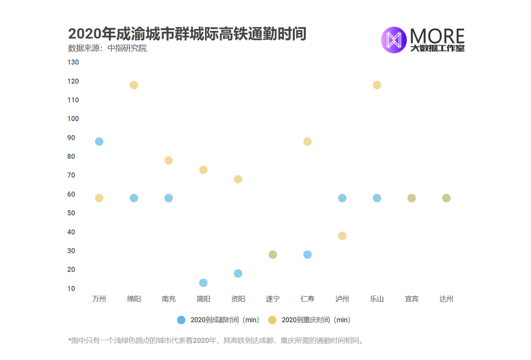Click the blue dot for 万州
click(99, 142)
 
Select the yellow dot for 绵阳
click(134, 85)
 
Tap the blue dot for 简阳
click(203, 283)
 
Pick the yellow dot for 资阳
click(238, 179)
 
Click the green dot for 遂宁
click(273, 255)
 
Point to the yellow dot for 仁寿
click(308, 142)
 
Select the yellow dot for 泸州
click(342, 236)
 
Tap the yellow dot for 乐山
click(377, 85)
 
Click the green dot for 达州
click(446, 198)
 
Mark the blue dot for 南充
click(169, 198)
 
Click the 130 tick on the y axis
click(73, 62)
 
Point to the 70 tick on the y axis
click(71, 176)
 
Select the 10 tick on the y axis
click(71, 289)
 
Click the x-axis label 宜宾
click(412, 299)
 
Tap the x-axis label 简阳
click(203, 299)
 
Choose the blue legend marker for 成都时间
click(181, 320)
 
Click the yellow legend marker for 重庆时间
click(272, 320)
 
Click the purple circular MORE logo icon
click(393, 40)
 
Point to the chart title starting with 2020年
click(187, 34)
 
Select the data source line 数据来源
click(108, 48)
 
